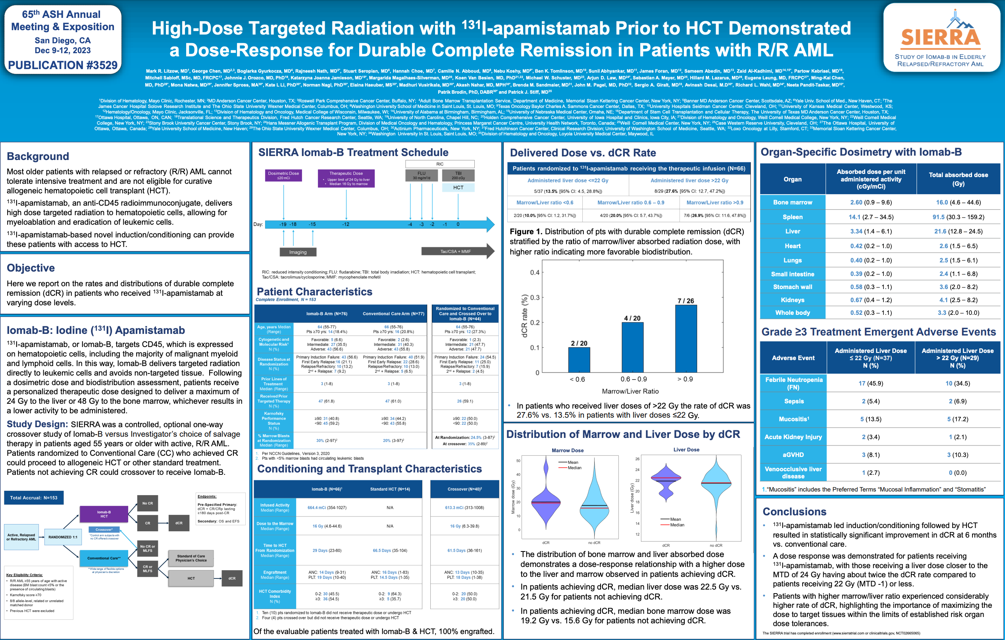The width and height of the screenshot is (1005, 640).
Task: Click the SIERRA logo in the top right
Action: pos(941,38)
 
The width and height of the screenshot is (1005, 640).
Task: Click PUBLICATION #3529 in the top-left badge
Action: pos(63,65)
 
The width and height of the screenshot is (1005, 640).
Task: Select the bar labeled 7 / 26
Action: pos(686,338)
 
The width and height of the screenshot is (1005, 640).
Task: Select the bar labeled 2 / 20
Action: pos(579,359)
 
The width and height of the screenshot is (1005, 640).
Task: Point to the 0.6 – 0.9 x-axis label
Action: pos(633,379)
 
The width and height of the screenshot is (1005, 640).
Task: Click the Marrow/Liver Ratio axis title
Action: pos(630,391)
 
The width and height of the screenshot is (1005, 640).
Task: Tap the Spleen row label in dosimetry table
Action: pos(792,217)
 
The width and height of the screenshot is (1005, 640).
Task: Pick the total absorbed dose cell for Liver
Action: pos(958,231)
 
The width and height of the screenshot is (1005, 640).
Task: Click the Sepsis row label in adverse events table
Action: pos(793,401)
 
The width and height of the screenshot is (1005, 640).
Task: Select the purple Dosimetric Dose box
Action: pos(283,175)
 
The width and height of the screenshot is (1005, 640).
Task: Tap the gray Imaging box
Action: pos(298,252)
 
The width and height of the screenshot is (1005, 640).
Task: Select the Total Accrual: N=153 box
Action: pos(34,497)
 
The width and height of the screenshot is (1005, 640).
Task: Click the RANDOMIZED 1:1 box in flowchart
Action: pos(63,537)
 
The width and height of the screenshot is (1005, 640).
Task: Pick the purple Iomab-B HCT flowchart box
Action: pos(104,514)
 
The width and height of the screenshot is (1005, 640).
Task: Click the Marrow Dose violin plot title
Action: pos(567,451)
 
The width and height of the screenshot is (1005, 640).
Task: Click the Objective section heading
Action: pos(31,268)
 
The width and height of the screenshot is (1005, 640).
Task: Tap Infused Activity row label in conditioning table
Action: pos(275,507)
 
